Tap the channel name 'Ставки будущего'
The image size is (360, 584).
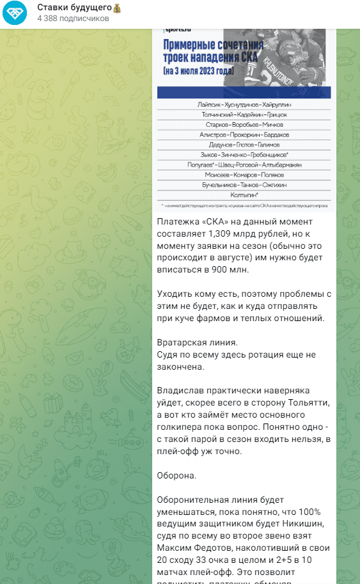click(74, 8)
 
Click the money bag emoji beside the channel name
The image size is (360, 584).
click(117, 8)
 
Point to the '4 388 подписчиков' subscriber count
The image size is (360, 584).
click(73, 19)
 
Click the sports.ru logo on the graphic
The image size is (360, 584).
click(178, 29)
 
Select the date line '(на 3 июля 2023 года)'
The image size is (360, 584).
click(198, 68)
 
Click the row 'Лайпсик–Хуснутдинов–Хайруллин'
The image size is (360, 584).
click(244, 104)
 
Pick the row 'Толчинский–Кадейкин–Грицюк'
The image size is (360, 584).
click(244, 114)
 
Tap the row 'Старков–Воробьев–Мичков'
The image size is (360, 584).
click(244, 125)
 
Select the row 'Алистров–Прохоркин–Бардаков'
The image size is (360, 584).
click(244, 135)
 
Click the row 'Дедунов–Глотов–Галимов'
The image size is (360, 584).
click(244, 145)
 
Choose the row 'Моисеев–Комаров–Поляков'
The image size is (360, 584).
click(244, 174)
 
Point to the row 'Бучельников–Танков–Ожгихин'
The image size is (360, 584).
click(244, 184)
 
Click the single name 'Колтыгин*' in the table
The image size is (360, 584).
click(244, 194)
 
